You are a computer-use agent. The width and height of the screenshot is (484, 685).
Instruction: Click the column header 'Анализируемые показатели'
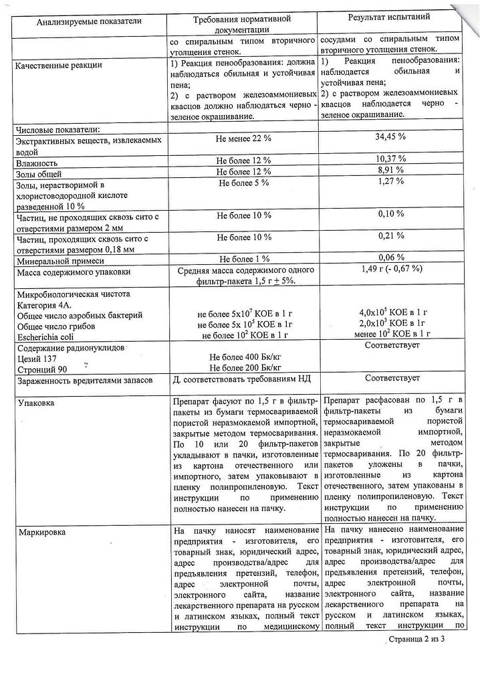point(90,22)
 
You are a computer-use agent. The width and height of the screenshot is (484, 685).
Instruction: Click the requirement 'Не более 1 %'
point(243,259)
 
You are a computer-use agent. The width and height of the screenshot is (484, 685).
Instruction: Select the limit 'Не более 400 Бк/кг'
point(243,357)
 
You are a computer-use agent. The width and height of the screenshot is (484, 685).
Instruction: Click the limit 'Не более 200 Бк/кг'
point(243,367)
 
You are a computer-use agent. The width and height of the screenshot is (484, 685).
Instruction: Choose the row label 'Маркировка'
point(42,532)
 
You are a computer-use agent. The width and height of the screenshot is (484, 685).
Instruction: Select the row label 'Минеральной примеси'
point(60,260)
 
